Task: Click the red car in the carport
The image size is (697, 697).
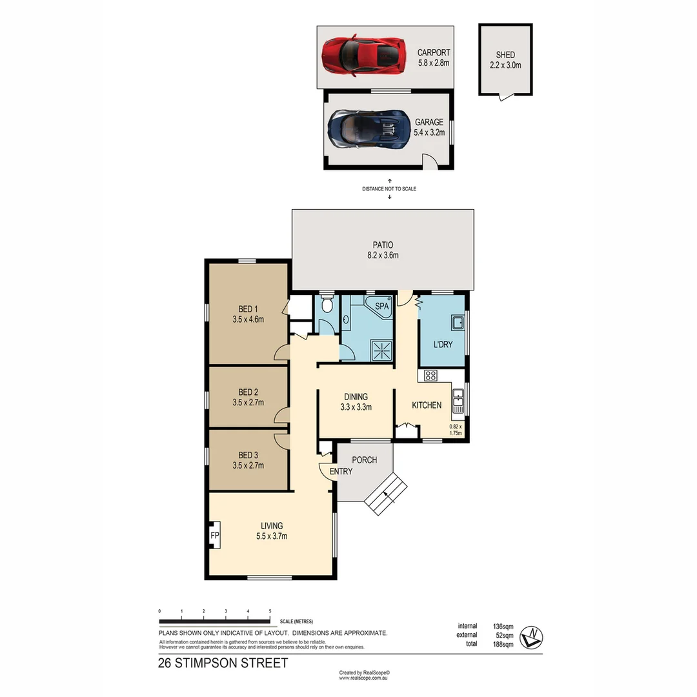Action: (364, 56)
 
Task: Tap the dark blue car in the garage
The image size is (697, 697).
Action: (369, 128)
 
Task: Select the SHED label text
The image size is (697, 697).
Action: (505, 56)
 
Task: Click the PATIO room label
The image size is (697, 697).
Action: (382, 245)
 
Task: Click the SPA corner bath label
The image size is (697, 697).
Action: (382, 307)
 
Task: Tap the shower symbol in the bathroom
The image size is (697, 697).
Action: (381, 351)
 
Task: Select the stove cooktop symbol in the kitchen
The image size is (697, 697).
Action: (430, 375)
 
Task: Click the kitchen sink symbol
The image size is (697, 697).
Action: (458, 400)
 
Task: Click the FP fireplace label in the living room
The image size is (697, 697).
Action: (214, 536)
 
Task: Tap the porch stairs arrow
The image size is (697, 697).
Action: (387, 494)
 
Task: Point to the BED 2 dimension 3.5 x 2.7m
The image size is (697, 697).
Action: (248, 403)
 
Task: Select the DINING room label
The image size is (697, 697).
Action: (356, 397)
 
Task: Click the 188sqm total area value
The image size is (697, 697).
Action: (504, 643)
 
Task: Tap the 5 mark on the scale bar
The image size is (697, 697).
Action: (270, 611)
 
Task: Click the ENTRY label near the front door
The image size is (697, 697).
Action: (341, 471)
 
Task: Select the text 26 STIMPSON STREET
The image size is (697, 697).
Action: (223, 663)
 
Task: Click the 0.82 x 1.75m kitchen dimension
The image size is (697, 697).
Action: (456, 430)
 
